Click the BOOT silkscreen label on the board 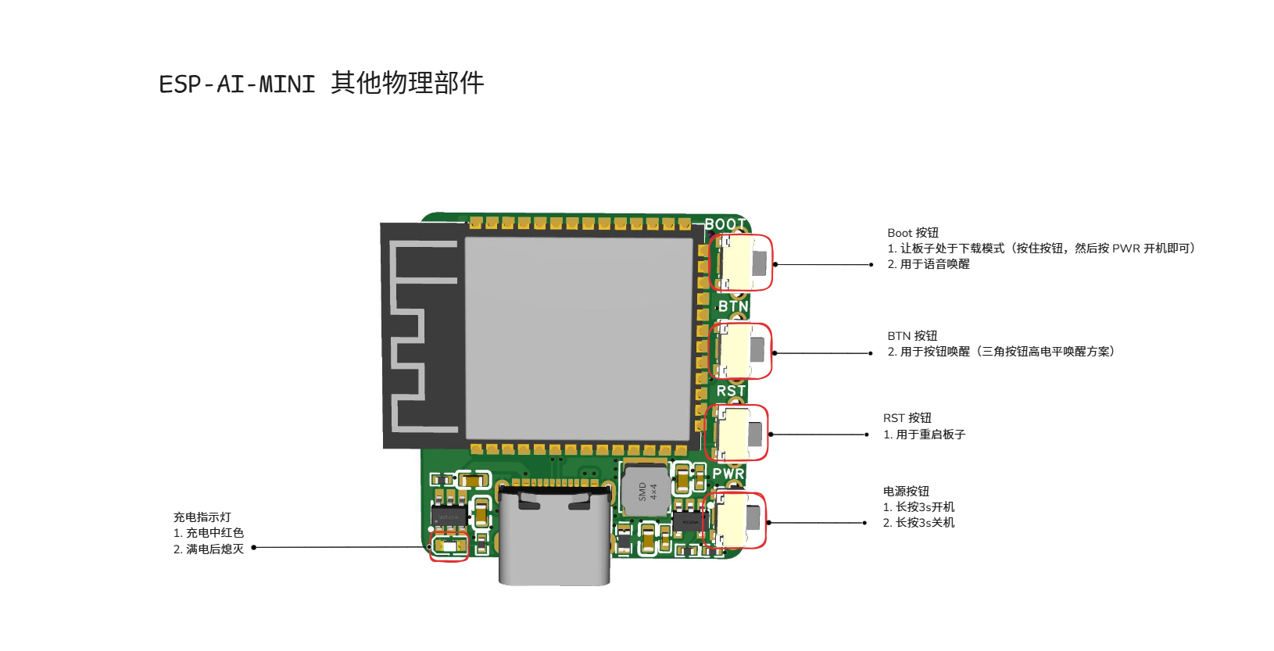tap(725, 224)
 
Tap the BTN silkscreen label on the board tap(733, 306)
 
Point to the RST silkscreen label tap(731, 391)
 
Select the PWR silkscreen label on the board tap(728, 474)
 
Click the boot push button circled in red tap(742, 263)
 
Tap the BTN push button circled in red tap(741, 351)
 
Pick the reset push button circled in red tap(738, 433)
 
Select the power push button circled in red tap(735, 520)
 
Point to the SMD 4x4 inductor tap(646, 491)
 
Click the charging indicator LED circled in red tap(449, 546)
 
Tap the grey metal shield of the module tap(578, 338)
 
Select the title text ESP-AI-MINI tap(237, 84)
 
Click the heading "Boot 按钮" tap(913, 233)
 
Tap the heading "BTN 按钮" tap(912, 336)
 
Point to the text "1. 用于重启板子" tap(924, 435)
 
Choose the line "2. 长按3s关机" tap(918, 523)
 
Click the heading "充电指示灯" tap(202, 517)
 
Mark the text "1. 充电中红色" tap(209, 533)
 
